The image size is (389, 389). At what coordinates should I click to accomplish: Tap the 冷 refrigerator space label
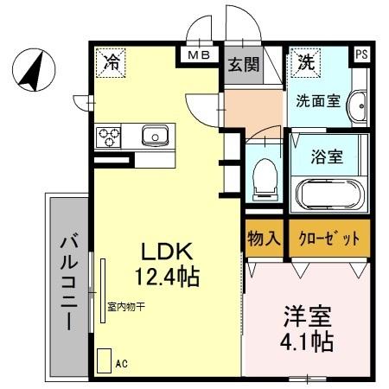pos(113,62)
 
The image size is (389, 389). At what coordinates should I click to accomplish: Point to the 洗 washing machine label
pos(306,62)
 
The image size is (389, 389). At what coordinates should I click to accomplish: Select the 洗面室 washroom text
pos(320,100)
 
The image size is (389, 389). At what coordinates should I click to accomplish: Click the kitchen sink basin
pos(156,136)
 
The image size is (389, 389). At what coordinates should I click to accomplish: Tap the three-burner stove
pos(110,136)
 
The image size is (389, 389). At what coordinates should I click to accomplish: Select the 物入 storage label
pos(262,238)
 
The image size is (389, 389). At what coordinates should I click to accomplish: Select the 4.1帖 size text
pos(305,341)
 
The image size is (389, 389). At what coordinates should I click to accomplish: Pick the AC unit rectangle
pos(104,361)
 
